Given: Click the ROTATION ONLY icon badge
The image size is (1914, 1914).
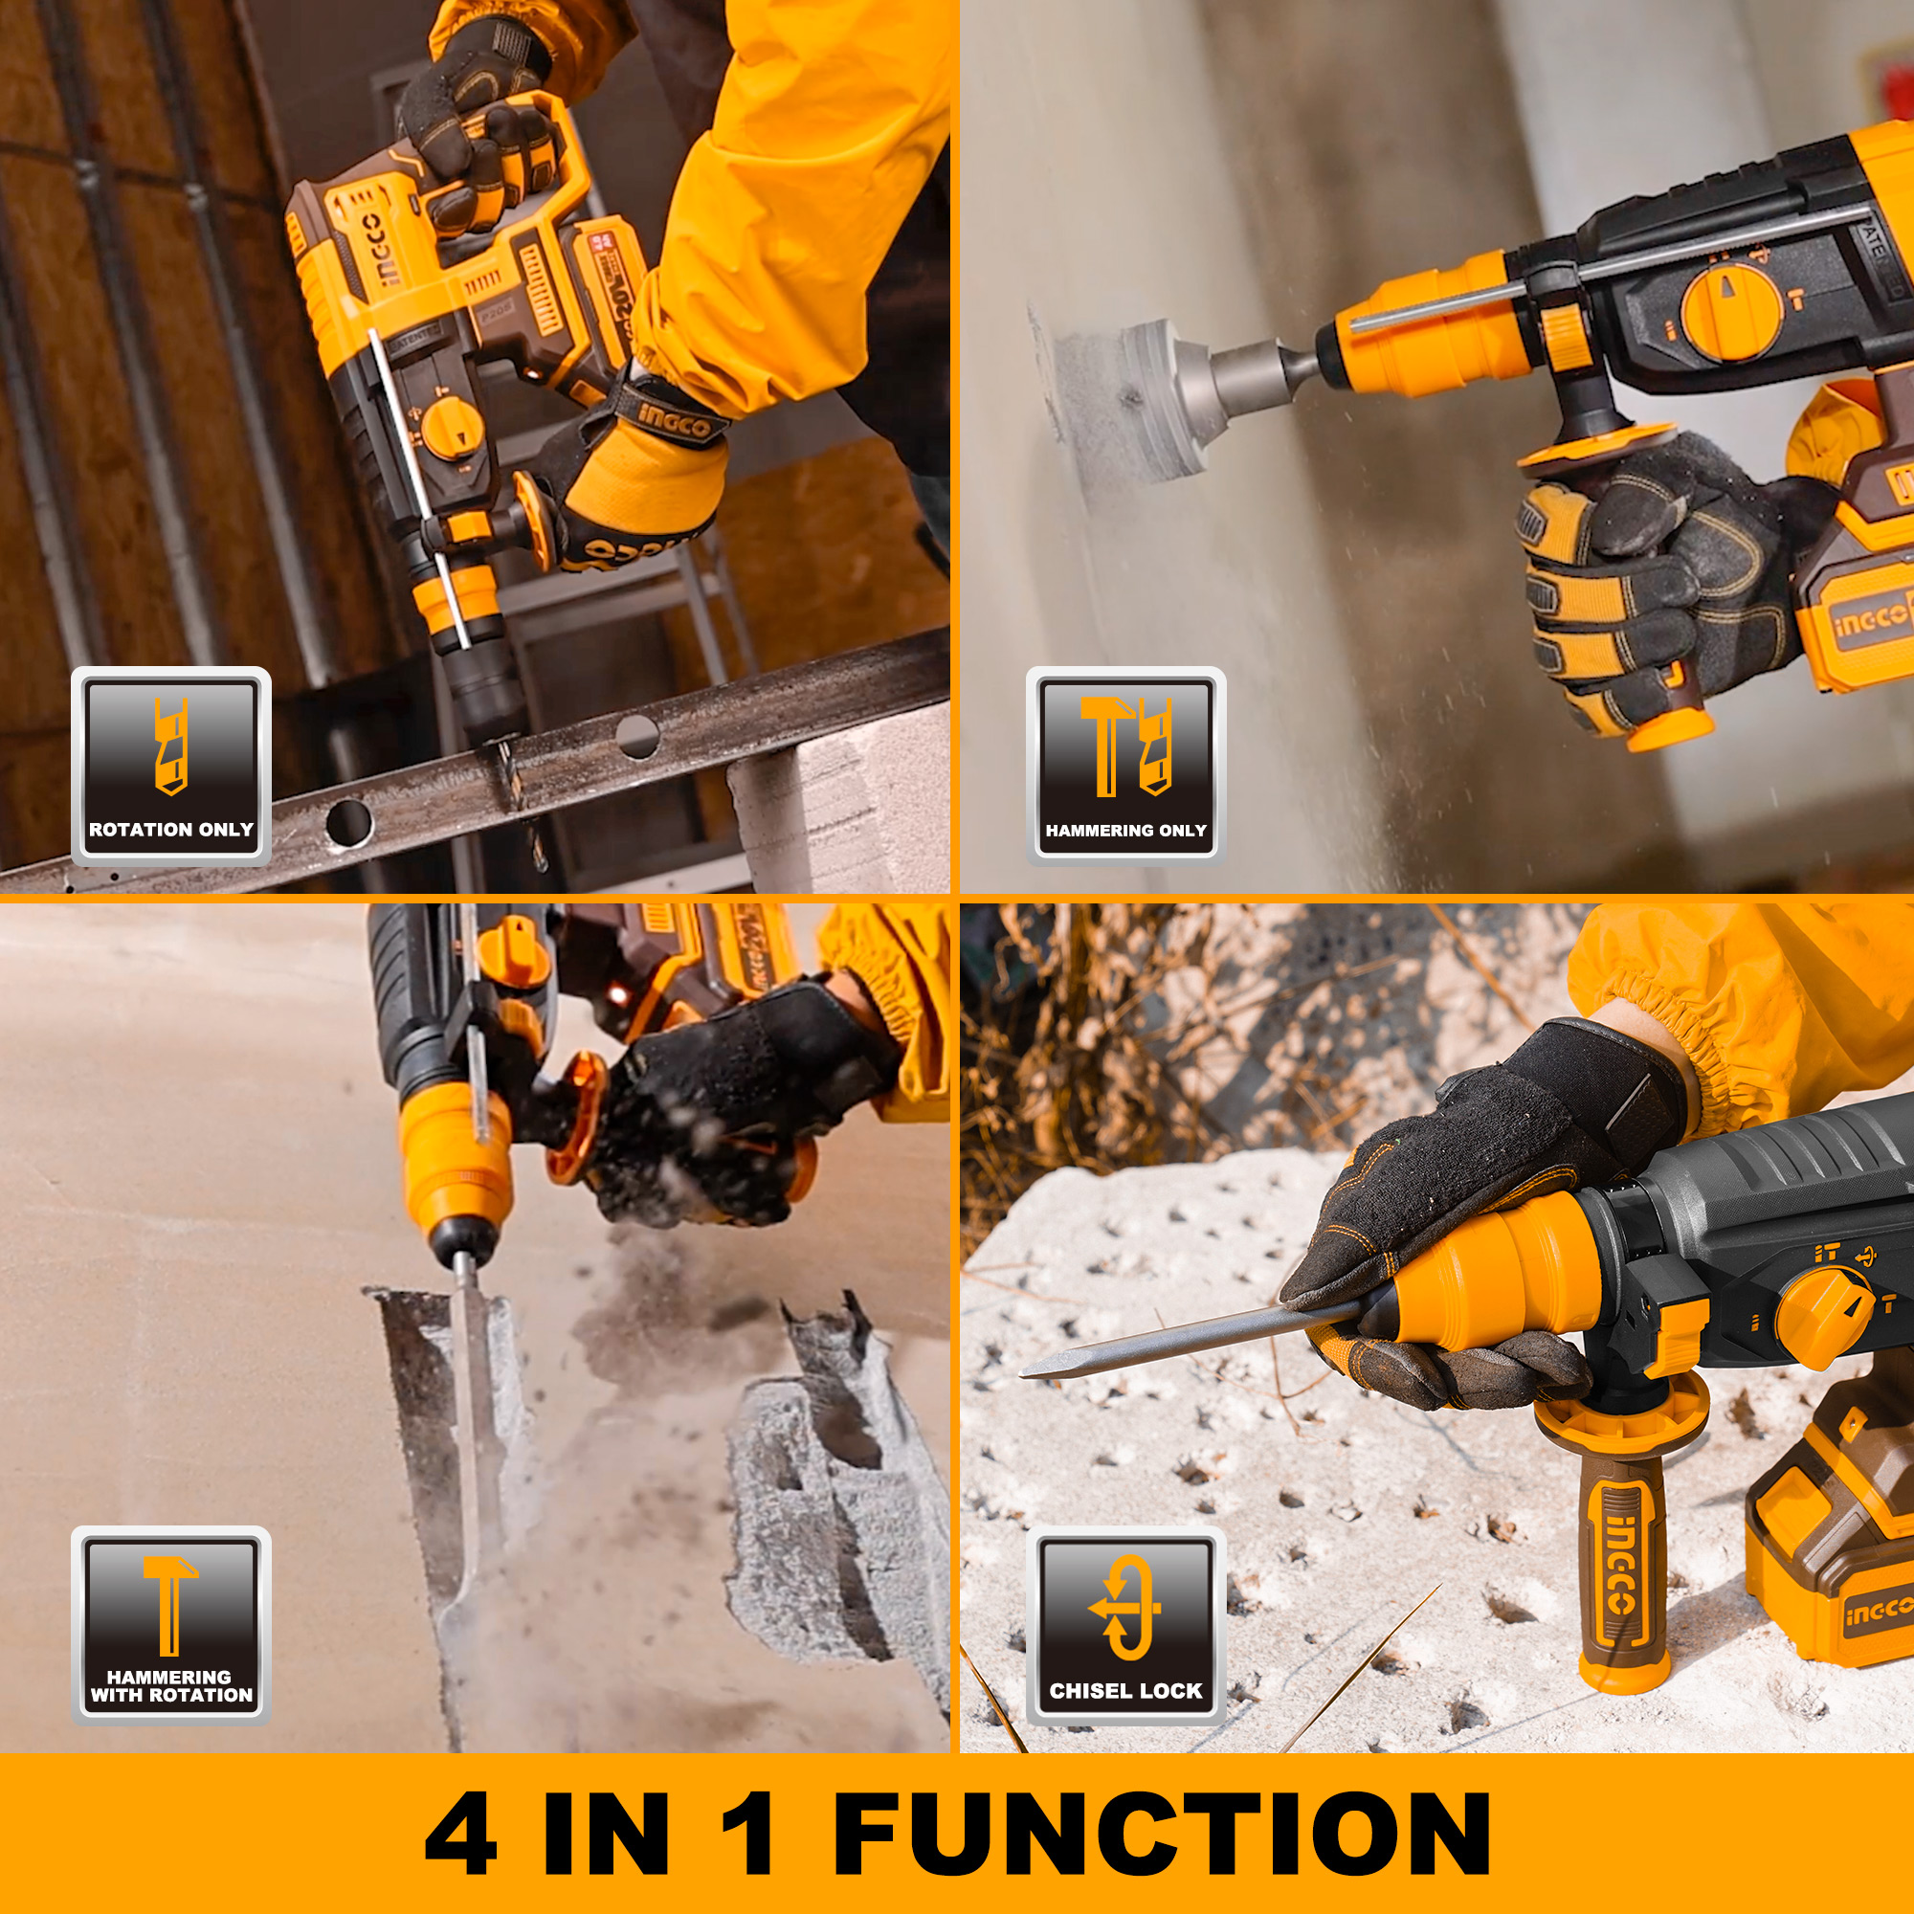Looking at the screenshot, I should coord(170,765).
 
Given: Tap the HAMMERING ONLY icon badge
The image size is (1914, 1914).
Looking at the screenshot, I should coord(1125,765).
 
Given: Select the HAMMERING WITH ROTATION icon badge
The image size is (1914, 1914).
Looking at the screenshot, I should coord(170,1625).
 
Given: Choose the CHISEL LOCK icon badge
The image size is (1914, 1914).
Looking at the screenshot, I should coord(1125,1625).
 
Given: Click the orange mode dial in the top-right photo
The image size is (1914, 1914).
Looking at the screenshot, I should coord(1728,309).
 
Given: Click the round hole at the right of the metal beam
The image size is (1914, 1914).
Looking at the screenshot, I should coord(637,736).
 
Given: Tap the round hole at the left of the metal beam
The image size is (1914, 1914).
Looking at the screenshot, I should coord(348,821).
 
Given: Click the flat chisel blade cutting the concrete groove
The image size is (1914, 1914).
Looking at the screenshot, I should coord(474,1387).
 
